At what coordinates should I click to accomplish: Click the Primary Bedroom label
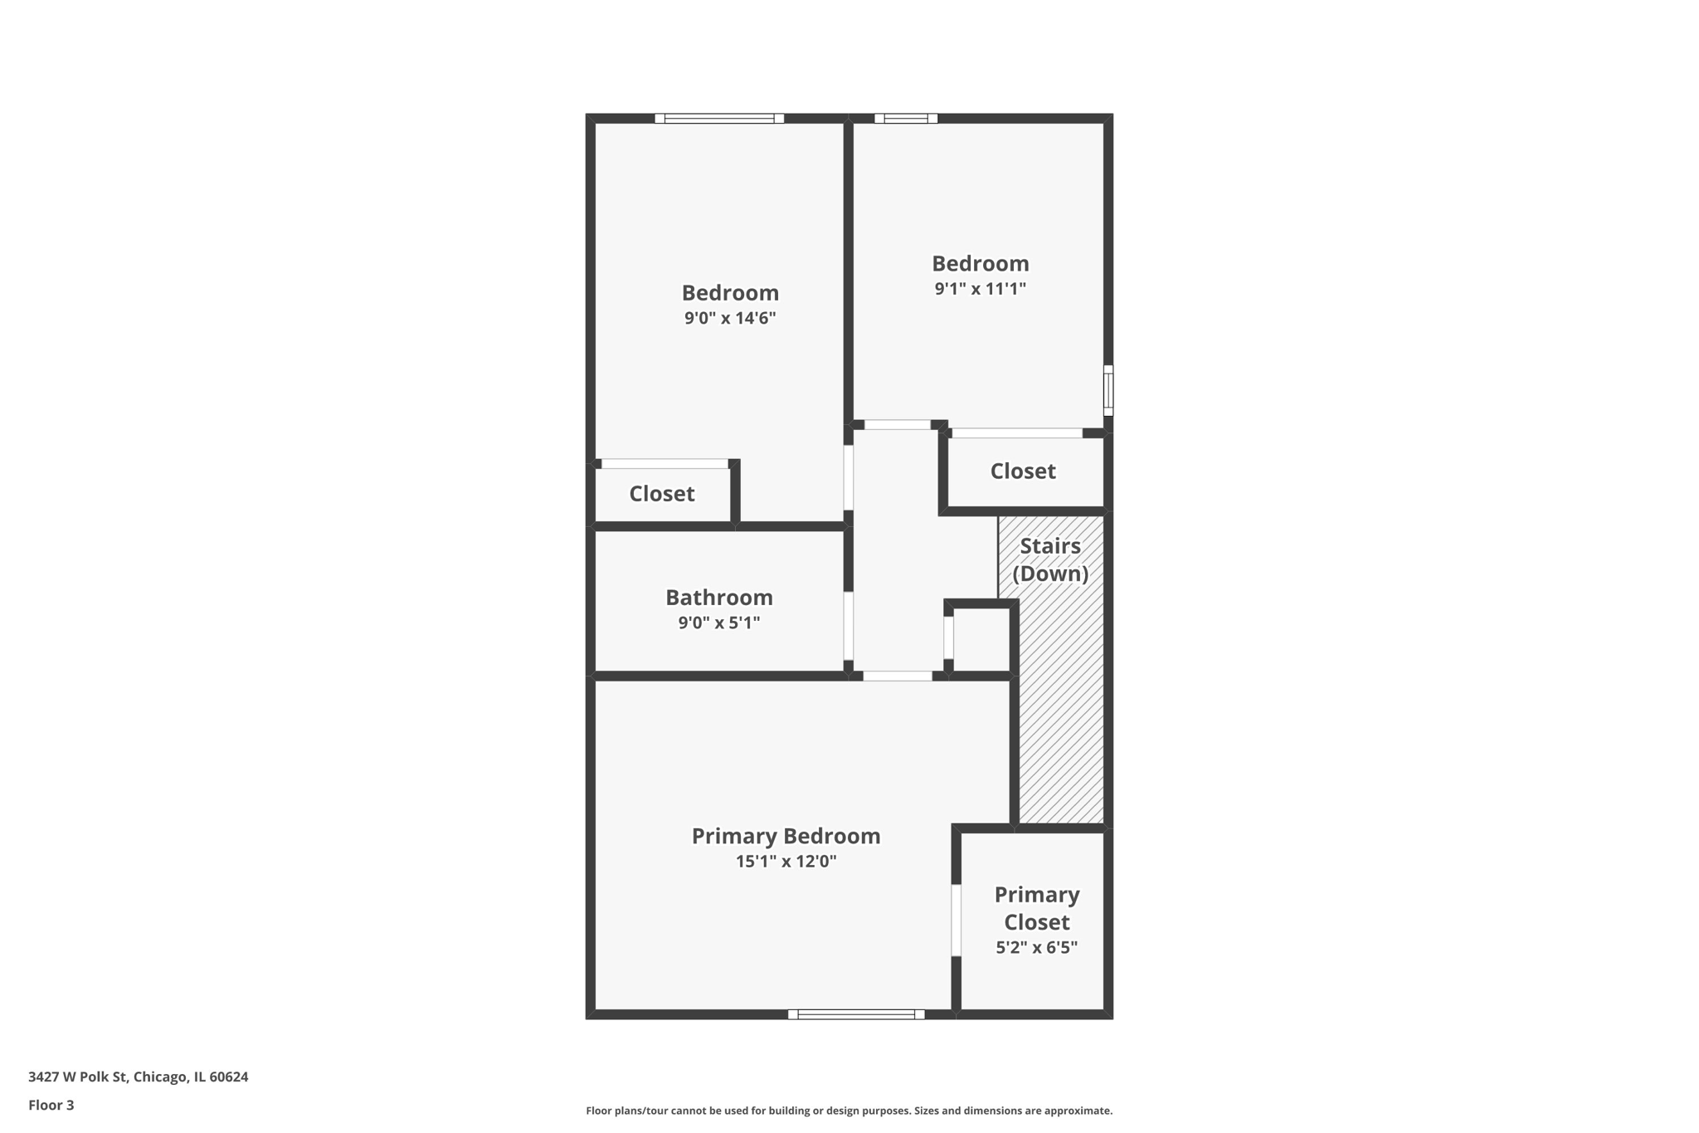click(x=786, y=836)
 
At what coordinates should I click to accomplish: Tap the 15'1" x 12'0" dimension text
click(x=786, y=862)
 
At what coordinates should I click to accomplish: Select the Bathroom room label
click(x=719, y=598)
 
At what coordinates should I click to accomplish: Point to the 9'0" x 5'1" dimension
click(x=719, y=623)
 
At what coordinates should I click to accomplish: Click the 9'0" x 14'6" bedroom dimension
click(x=730, y=318)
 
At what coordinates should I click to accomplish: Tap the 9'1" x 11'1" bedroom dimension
click(x=981, y=289)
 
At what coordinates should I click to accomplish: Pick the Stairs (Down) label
click(x=1050, y=559)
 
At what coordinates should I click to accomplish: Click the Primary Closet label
click(x=1037, y=908)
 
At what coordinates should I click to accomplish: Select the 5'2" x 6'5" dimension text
click(x=1037, y=947)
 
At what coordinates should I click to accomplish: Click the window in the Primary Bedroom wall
click(x=856, y=1014)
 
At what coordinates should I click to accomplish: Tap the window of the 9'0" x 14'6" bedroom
click(x=719, y=119)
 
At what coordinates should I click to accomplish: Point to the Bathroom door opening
click(x=849, y=626)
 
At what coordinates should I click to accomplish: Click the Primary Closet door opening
click(x=956, y=921)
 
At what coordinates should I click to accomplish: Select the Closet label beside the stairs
click(x=1023, y=471)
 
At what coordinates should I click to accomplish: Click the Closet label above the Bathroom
click(x=661, y=494)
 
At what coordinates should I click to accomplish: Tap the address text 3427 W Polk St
click(x=78, y=1077)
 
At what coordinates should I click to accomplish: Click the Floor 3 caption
click(x=51, y=1105)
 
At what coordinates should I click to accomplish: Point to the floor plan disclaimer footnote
click(x=849, y=1111)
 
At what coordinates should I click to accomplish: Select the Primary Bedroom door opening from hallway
click(x=898, y=676)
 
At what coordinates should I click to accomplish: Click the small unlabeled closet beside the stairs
click(x=981, y=640)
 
